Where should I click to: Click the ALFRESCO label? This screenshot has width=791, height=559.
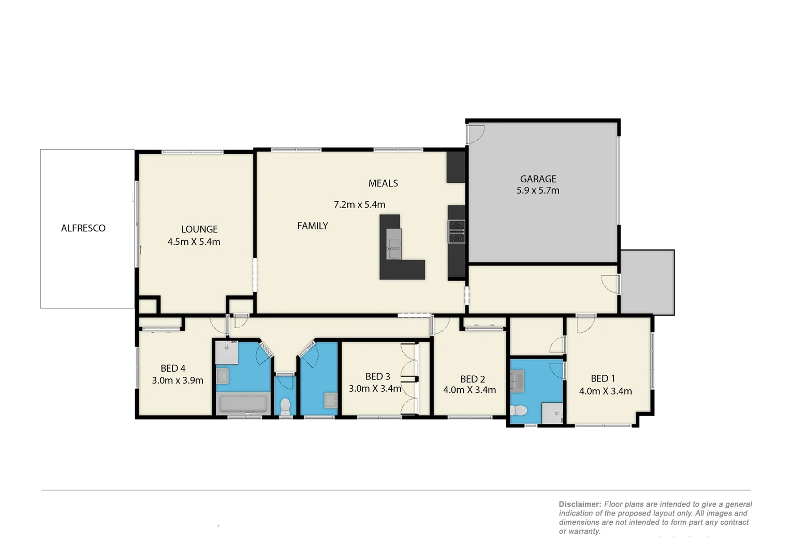(83, 228)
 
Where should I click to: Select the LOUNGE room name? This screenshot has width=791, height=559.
(199, 229)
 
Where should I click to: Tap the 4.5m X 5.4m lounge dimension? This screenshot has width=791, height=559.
(194, 242)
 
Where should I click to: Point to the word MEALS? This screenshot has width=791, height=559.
(383, 183)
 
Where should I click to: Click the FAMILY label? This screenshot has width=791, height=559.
(312, 226)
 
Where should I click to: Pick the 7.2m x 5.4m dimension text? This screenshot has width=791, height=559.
(359, 204)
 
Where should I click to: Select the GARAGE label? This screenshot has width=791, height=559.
(538, 179)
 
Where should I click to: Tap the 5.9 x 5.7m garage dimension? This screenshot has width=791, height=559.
(538, 190)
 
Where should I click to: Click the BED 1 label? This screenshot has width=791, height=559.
(603, 379)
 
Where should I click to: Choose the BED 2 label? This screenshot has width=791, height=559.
(472, 379)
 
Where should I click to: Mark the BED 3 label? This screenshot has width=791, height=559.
(377, 377)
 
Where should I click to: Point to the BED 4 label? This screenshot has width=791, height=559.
(173, 369)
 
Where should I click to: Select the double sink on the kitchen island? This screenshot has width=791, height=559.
(394, 245)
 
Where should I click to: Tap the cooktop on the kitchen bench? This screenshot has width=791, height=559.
(457, 231)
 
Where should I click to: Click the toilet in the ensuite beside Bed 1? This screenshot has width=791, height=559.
(518, 410)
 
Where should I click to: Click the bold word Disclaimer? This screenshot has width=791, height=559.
(579, 504)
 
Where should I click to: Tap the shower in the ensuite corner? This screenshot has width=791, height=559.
(552, 414)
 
